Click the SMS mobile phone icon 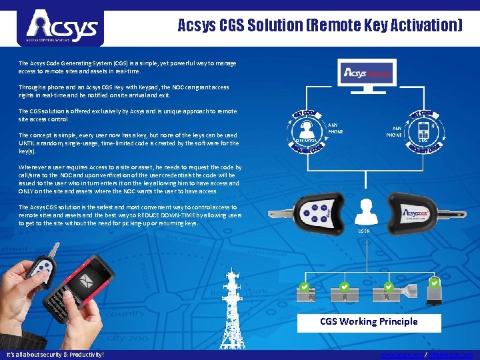423,128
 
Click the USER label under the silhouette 364,231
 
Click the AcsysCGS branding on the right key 420,213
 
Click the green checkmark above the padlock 434,284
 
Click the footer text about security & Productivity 55,355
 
